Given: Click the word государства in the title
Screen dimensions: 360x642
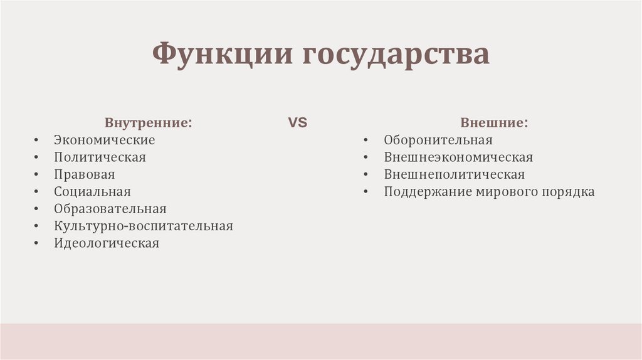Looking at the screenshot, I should pos(397,55).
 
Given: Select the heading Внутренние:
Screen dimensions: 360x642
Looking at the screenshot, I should pos(149,123).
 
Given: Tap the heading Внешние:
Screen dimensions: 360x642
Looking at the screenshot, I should pos(494,123).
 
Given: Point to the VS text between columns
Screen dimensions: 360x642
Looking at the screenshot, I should pos(297,123).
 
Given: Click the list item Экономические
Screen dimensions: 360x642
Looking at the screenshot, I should pos(104,140).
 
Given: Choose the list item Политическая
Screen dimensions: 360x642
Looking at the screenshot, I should pos(100,157).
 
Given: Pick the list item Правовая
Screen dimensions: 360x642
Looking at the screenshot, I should pos(84,174).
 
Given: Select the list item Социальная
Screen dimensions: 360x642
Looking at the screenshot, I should pos(92,192).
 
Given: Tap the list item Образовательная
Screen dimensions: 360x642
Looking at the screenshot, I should pos(110,209).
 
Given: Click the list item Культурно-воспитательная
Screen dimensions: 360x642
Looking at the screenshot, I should pos(143,226).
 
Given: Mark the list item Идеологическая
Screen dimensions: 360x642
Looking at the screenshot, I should pos(106,243).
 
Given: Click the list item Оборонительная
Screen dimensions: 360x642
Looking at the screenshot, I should pos(438,140).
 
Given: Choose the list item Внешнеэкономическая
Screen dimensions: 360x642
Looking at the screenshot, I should pos(458,157).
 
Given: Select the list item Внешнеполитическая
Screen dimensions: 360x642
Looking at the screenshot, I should pos(454,174).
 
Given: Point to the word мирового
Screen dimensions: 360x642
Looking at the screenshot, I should pos(507,192).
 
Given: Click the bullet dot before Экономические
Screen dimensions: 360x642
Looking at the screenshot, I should pos(38,140).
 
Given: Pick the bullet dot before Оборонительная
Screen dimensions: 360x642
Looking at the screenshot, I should pos(368,140).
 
